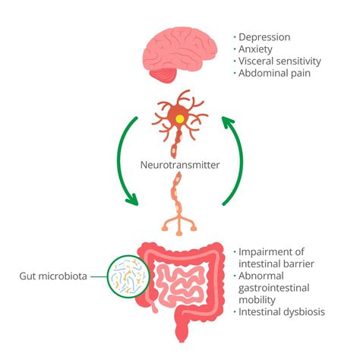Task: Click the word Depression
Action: pos(265,36)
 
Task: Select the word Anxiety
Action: pos(257,49)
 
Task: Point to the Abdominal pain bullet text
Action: pos(275,74)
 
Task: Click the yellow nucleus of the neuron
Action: pos(179,119)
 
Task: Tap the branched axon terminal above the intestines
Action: pos(180,221)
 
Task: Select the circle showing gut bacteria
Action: pos(130,276)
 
